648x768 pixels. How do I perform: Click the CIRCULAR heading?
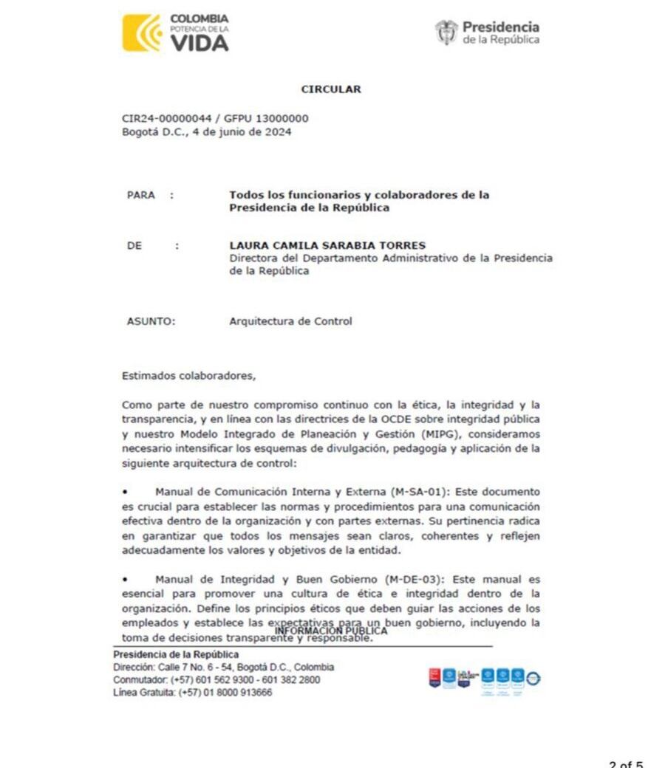coord(331,89)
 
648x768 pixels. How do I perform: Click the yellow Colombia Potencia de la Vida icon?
coord(142,33)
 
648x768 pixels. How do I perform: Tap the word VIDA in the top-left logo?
coord(199,43)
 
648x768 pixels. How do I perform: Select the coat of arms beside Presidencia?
coord(446,32)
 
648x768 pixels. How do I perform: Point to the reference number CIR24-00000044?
coord(163,119)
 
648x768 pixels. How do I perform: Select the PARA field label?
coord(141,196)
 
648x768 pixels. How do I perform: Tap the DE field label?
coord(134,246)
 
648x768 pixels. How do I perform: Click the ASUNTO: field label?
coord(151,321)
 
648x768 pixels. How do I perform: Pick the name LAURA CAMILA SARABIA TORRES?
coord(327,245)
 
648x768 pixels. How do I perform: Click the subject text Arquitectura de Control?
coord(290,321)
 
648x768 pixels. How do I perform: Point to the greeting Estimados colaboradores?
coord(188,375)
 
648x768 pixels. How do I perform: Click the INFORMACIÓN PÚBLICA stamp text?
coord(331,631)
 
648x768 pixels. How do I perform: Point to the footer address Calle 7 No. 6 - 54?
coord(197,668)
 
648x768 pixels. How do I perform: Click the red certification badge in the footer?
coord(434,676)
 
